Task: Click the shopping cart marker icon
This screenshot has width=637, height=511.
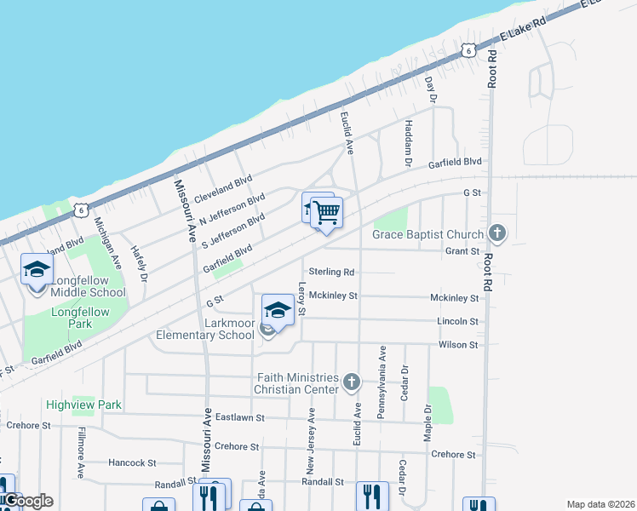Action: (326, 213)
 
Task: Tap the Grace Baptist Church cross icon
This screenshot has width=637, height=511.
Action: (498, 233)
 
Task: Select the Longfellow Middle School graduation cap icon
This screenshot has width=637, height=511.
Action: (37, 270)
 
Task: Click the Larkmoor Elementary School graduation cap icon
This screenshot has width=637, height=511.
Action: (278, 309)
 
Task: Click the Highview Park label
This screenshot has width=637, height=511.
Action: (84, 405)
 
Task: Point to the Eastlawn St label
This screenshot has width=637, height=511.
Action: (241, 418)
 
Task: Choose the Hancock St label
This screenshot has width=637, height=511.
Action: (132, 462)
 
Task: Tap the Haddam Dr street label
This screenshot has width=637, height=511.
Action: (408, 142)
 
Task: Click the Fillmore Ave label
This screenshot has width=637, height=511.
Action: (82, 451)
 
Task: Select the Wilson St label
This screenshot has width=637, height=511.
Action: (458, 345)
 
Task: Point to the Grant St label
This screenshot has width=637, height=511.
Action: (462, 251)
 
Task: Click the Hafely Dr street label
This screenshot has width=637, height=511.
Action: (139, 263)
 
